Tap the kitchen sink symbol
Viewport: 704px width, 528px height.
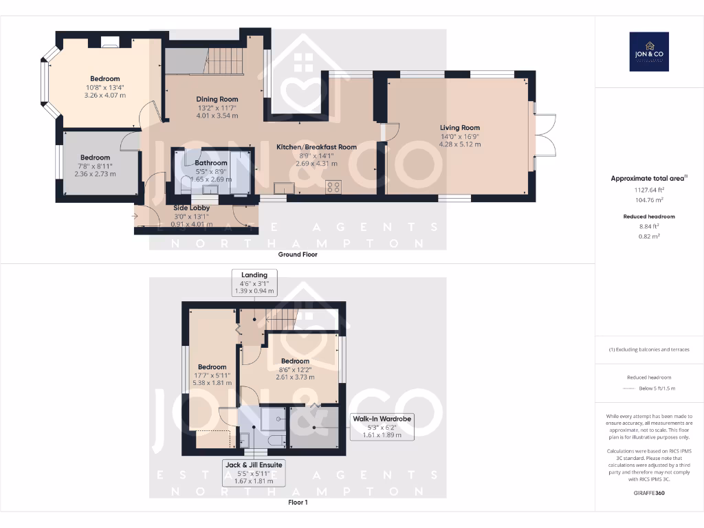point(283,188)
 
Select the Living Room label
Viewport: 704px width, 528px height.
point(460,127)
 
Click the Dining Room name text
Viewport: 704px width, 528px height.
point(217,99)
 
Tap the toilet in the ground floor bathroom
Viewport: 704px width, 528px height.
point(184,184)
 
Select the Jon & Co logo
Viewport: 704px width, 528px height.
point(649,52)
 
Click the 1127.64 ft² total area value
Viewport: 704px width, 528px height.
point(649,190)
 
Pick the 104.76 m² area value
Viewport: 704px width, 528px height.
point(649,199)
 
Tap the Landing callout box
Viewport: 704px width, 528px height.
point(254,283)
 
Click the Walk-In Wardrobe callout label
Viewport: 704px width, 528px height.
point(382,427)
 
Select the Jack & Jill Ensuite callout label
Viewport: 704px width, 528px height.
point(254,473)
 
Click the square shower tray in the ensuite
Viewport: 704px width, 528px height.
point(276,415)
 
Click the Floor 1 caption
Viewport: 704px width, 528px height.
point(298,503)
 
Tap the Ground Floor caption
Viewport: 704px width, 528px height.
point(297,254)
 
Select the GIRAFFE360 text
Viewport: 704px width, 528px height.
point(649,493)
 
